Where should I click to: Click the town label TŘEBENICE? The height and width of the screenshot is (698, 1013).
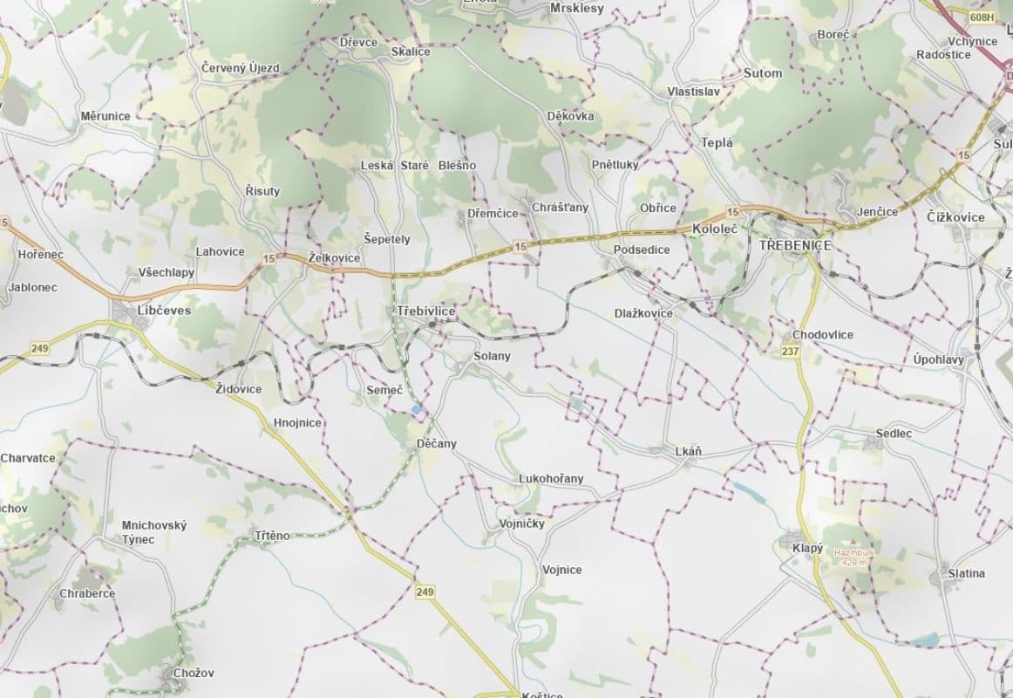click(795, 246)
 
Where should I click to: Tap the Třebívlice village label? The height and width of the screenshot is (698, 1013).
click(425, 311)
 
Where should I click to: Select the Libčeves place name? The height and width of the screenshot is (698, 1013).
click(164, 310)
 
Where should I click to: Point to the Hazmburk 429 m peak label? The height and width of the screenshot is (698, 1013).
click(853, 557)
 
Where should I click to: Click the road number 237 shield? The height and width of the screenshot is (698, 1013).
click(791, 351)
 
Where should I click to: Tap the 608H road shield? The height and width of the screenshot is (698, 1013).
click(982, 17)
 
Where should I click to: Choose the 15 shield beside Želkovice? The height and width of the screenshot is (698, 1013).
click(268, 258)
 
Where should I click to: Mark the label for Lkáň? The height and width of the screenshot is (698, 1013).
click(688, 451)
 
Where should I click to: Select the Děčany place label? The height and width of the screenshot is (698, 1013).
click(437, 443)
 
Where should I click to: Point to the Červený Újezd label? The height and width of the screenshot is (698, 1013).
click(240, 68)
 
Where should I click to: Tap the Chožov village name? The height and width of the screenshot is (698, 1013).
click(194, 673)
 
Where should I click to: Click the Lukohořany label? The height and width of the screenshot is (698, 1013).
click(551, 478)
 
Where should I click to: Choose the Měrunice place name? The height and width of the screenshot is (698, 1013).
click(105, 116)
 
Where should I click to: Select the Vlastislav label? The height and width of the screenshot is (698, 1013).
click(693, 92)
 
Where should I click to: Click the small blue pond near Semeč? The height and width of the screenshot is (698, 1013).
click(418, 408)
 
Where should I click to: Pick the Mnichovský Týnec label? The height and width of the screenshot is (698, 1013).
click(154, 532)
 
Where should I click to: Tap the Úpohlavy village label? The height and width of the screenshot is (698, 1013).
click(939, 359)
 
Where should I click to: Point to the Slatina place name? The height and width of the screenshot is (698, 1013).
click(967, 573)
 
